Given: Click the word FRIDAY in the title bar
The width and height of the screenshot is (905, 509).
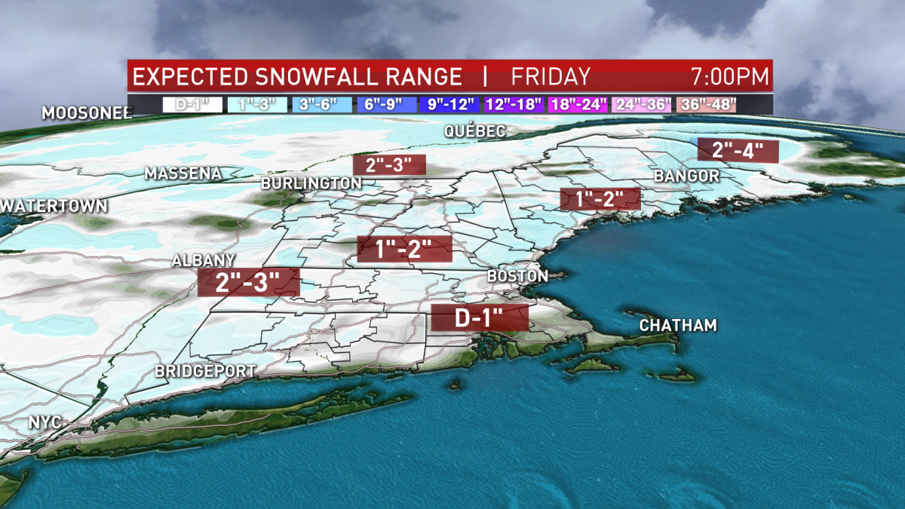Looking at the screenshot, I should (x=551, y=77).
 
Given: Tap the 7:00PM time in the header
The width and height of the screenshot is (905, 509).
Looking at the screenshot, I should (x=729, y=77).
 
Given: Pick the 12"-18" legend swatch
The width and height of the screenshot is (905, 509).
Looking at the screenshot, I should (x=515, y=104).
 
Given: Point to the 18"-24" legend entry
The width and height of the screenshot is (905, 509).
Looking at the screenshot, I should (x=578, y=104).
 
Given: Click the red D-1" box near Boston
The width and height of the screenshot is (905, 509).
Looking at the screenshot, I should (x=479, y=318).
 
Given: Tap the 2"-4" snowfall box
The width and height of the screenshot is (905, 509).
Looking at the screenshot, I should (x=738, y=150).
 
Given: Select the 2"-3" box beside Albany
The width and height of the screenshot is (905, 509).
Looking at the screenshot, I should (x=248, y=283).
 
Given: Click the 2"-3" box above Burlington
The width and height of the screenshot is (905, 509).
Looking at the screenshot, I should (x=389, y=164).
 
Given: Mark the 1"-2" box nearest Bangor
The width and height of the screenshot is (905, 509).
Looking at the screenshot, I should (x=600, y=199).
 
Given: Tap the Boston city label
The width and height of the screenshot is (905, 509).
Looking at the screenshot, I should (x=518, y=276).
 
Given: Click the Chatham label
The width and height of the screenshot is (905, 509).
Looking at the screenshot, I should (x=677, y=326).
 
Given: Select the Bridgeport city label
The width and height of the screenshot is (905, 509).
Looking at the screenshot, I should (x=205, y=371).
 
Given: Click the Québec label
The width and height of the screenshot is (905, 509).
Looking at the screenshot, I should (x=474, y=131).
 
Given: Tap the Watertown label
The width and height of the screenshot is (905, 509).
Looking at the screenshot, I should (x=54, y=205).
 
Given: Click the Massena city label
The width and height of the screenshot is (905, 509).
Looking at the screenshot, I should (x=183, y=173).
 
